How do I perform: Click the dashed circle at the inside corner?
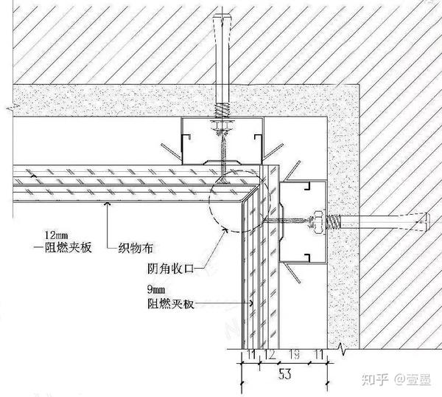(x=234, y=199)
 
